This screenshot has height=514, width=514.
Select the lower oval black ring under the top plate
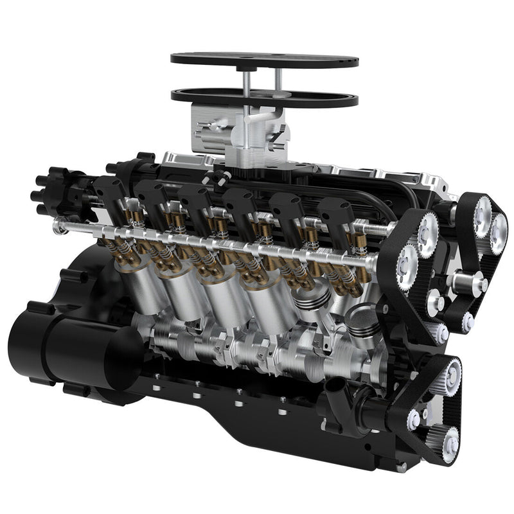pyautogui.click(x=193, y=96)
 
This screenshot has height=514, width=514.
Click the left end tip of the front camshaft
pyautogui.click(x=58, y=225)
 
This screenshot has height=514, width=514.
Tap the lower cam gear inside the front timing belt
pyautogui.click(x=406, y=263)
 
